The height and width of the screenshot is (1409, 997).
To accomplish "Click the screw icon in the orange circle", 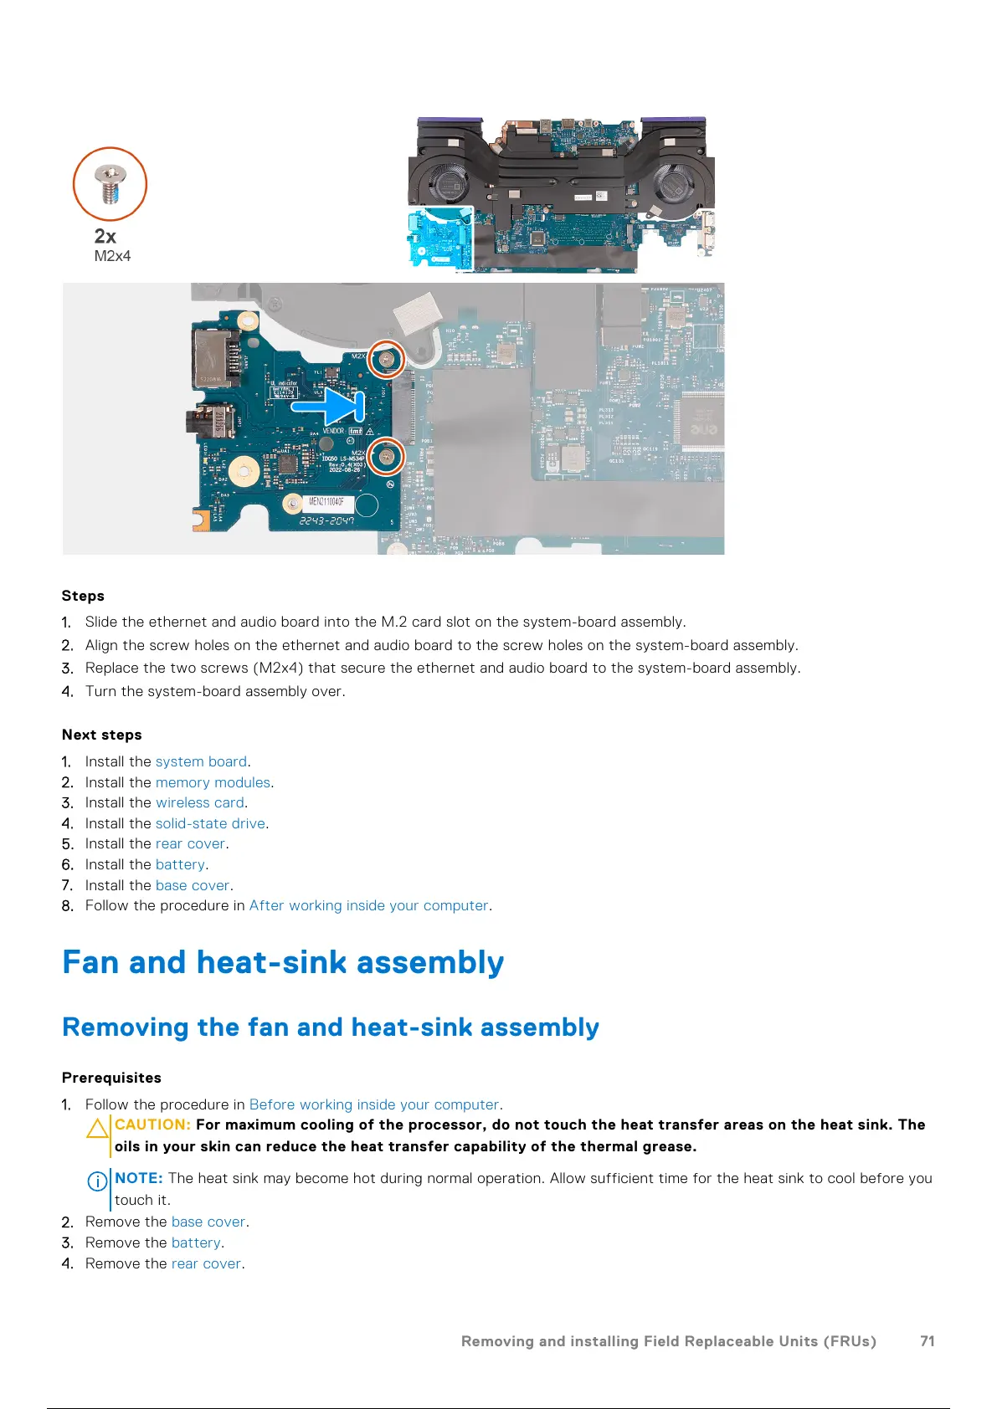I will [x=110, y=184].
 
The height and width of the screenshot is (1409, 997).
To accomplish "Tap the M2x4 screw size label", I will [x=112, y=256].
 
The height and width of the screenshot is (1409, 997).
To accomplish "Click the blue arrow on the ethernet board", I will [x=328, y=406].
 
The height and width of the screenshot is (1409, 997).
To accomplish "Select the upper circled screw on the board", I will [x=387, y=360].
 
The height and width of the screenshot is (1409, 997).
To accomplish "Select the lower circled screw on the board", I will [x=387, y=456].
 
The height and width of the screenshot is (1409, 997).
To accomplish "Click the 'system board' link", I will [x=201, y=761].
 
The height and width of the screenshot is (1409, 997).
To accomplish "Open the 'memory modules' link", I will [x=213, y=782].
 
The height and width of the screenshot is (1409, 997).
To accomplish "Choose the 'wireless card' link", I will [x=199, y=802].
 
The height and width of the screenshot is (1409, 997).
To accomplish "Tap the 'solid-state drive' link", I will [x=210, y=823].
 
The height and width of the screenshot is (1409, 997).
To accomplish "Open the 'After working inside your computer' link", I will [x=368, y=905].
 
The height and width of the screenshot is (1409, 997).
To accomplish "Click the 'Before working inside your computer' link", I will [x=373, y=1104].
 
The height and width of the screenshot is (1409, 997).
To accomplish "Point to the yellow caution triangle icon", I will [x=98, y=1129].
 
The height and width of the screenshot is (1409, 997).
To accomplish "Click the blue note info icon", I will [x=97, y=1181].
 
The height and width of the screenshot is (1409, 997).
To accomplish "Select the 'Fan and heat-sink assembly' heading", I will [x=283, y=962].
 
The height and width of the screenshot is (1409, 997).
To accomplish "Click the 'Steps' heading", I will [x=83, y=596].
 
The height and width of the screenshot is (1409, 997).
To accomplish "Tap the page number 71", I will [x=927, y=1341].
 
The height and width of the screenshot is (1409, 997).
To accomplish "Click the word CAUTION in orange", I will [x=152, y=1125].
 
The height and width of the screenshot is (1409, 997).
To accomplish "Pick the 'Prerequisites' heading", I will [x=111, y=1078].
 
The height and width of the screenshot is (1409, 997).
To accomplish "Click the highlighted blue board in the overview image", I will [x=439, y=239].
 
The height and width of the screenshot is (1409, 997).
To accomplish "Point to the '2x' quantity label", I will [x=105, y=236].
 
